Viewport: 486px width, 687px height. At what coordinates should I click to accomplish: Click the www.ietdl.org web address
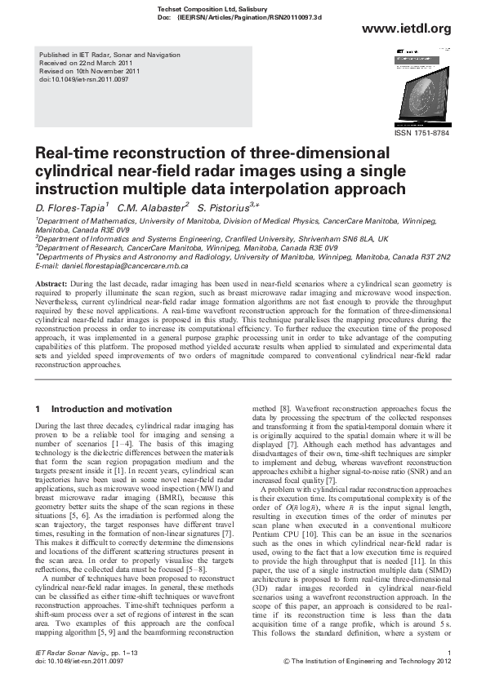pos(406,29)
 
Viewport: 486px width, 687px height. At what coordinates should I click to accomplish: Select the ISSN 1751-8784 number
pos(421,133)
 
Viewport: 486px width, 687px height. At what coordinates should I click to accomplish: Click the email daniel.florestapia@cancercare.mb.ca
pos(120,267)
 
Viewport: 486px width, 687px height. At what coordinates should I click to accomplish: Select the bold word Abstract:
pos(51,282)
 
